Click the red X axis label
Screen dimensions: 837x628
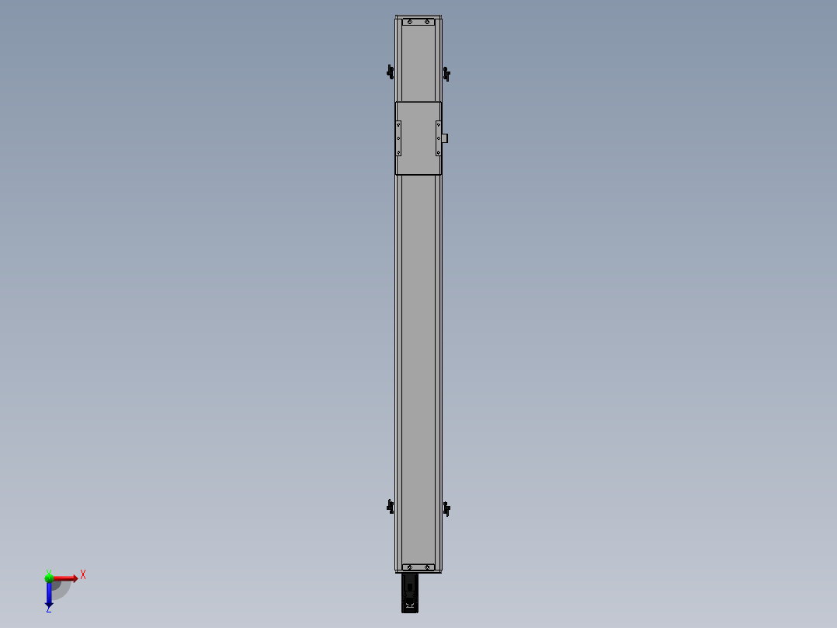(83, 575)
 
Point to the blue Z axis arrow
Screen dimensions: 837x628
(49, 595)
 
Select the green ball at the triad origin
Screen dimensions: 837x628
(49, 577)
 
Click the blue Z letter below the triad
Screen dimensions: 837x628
(49, 609)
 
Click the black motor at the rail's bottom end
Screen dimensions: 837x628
(410, 593)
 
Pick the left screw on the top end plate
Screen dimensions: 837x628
(409, 22)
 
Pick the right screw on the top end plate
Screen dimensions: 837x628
(427, 22)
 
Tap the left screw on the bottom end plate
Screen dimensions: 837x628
(409, 567)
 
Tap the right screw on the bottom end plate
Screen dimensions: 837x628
(427, 567)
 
